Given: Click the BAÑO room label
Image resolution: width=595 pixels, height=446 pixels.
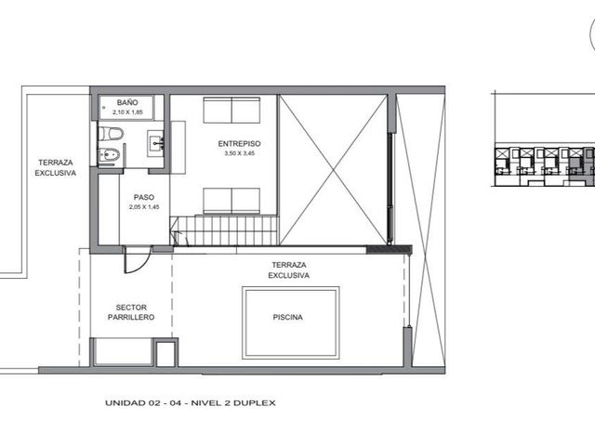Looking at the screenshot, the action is (x=127, y=102).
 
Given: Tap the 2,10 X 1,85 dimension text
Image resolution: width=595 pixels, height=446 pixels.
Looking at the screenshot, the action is (x=127, y=112).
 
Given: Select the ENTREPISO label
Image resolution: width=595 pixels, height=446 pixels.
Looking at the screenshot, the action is (x=240, y=144).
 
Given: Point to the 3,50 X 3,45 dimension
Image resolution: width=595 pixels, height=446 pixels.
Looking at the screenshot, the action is (x=240, y=153).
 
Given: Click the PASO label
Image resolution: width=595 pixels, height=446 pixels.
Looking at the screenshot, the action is (x=144, y=197).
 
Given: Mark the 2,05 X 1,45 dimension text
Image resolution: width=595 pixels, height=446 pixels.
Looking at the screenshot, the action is (x=144, y=207).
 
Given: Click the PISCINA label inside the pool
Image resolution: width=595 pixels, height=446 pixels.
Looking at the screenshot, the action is (x=288, y=317).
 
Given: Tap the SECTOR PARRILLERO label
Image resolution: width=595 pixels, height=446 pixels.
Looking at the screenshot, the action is (x=131, y=312).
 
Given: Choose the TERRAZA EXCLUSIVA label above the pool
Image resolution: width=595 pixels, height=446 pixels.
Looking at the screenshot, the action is (x=289, y=270).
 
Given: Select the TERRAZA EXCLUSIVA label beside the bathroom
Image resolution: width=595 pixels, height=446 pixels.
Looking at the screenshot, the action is (x=56, y=167).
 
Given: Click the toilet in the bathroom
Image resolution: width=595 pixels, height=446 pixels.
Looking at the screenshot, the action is (x=111, y=133).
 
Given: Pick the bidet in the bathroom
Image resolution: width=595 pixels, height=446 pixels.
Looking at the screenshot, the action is (x=110, y=155).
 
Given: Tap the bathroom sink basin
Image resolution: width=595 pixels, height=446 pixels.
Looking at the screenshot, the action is (x=156, y=144).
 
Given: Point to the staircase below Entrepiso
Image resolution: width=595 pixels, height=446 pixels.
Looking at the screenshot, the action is (x=224, y=230).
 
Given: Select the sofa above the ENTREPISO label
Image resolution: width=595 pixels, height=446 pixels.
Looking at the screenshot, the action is (x=231, y=110).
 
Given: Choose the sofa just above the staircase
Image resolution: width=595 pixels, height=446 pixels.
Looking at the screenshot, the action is (x=231, y=201).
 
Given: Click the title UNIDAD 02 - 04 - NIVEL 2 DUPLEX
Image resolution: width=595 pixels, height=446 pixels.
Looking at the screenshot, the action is (x=191, y=402).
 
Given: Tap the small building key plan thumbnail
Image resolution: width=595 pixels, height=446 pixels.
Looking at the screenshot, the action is (x=545, y=165).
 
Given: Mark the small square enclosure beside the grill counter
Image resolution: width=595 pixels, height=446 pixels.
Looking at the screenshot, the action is (x=165, y=353).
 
